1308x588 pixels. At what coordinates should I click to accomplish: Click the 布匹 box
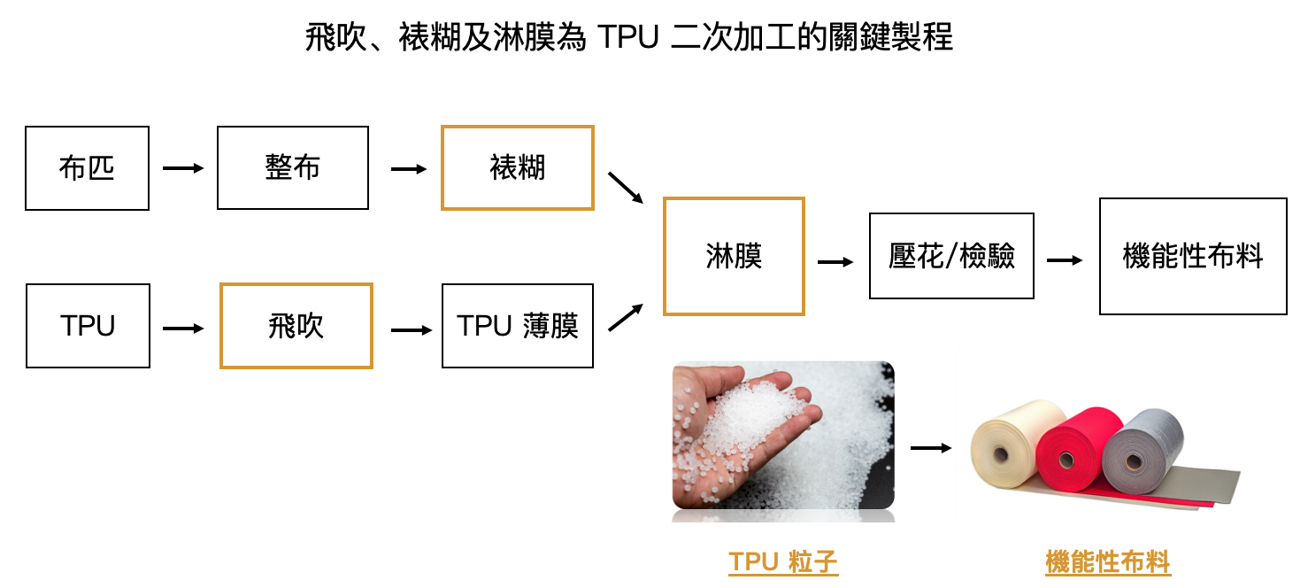click(x=87, y=168)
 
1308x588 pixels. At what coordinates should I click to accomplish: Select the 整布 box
click(x=292, y=168)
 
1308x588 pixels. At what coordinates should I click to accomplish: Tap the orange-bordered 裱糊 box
click(x=517, y=168)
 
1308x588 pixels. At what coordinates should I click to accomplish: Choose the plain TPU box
click(x=88, y=326)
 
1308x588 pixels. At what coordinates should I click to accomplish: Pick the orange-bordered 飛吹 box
click(x=296, y=326)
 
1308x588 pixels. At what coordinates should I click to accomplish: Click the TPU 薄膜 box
click(x=517, y=326)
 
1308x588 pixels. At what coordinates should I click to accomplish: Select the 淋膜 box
click(x=734, y=257)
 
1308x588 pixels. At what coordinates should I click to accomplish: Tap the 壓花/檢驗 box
click(x=951, y=256)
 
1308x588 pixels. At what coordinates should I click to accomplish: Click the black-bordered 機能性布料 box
click(x=1192, y=256)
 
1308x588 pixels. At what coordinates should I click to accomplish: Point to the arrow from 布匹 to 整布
click(x=183, y=167)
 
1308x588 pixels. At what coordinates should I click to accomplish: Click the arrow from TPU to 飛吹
click(x=183, y=329)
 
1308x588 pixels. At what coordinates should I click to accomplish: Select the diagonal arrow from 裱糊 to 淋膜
click(x=627, y=188)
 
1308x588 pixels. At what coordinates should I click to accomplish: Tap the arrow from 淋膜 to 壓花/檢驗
click(x=835, y=261)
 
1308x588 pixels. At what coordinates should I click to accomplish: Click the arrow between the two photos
click(x=930, y=448)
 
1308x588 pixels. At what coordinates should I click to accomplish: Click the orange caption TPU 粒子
click(x=783, y=562)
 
